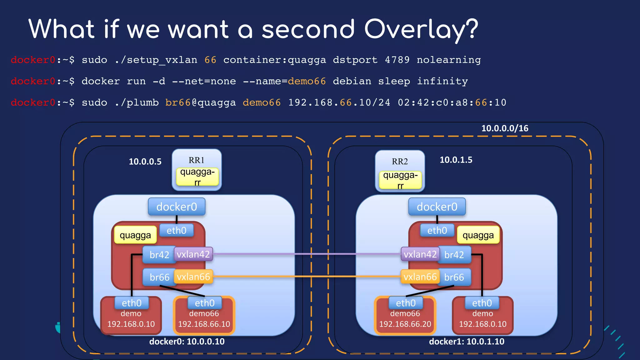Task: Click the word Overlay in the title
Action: (421, 29)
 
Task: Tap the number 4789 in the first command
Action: (397, 60)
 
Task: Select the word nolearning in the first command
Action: (449, 60)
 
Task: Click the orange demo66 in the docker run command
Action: (307, 81)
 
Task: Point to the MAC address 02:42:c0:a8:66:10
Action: (452, 102)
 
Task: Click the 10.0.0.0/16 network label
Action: (505, 128)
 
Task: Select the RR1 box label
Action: (196, 160)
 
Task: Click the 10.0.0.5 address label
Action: (145, 162)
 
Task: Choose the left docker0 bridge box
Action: (177, 207)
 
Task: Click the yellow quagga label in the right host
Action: (478, 235)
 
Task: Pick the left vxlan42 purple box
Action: (193, 254)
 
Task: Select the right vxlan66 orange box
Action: (420, 277)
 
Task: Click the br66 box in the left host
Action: (159, 277)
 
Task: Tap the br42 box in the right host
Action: (454, 255)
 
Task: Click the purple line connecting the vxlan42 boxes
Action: (306, 254)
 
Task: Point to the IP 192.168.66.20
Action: (405, 324)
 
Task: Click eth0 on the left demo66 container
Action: (205, 303)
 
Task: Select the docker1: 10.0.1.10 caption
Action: (467, 341)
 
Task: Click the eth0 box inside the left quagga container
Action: (176, 231)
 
